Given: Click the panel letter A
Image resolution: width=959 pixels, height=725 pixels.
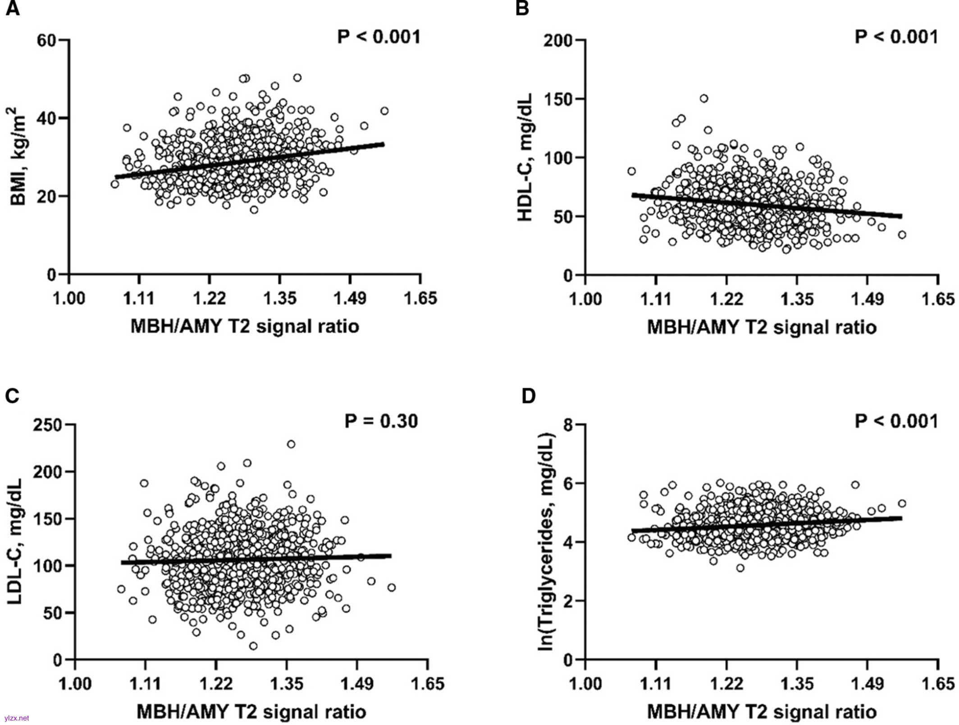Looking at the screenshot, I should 13,9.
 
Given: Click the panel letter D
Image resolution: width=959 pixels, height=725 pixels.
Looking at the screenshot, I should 528,396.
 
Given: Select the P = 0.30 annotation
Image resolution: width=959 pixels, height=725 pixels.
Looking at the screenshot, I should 381,421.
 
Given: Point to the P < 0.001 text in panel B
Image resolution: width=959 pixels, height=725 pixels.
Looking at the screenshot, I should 896,37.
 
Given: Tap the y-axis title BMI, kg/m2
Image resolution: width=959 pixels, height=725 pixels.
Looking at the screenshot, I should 19,156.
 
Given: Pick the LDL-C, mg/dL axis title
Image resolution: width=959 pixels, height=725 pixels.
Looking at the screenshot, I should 16,541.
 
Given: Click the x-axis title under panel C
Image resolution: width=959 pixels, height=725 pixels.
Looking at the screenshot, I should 251,712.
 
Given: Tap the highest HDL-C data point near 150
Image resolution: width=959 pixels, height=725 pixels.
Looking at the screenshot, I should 703,98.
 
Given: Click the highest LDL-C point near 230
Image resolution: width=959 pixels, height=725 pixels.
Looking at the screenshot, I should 291,444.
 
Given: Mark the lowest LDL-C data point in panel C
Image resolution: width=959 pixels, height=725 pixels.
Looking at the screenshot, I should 253,646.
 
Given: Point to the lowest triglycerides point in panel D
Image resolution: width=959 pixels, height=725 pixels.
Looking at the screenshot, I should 740,568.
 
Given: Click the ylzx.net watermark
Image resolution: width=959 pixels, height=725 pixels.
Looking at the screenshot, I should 17,718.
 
